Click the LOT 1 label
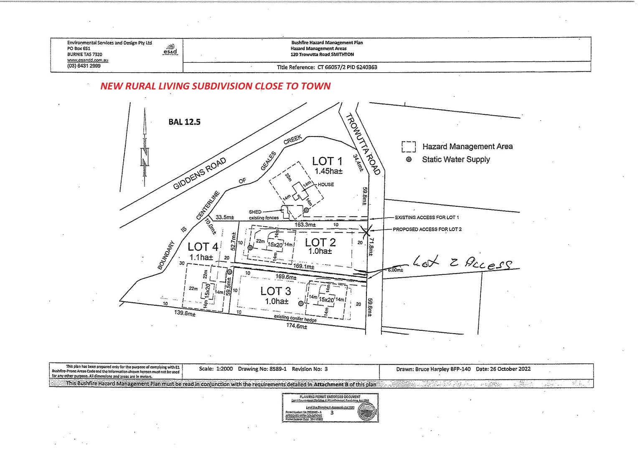(327, 161)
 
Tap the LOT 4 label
(203, 247)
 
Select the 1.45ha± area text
(328, 171)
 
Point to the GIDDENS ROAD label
(200, 173)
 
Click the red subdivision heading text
(215, 86)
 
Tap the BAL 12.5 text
(184, 122)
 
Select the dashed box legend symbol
(409, 147)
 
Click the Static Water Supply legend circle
(409, 159)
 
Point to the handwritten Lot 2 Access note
(462, 263)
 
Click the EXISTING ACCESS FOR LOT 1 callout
(427, 218)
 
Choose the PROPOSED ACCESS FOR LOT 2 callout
(427, 229)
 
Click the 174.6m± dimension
(297, 326)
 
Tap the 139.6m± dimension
(185, 313)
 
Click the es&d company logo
(170, 50)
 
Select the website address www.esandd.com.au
(88, 60)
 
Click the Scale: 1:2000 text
(216, 369)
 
